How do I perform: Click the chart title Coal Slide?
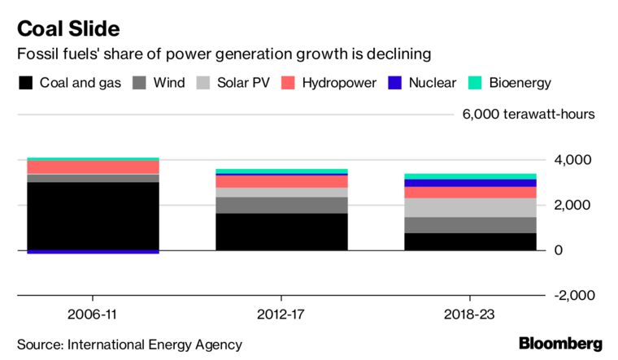click(68, 29)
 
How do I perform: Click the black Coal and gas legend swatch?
click(26, 83)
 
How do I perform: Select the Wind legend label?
click(168, 83)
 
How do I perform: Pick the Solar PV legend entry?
click(245, 83)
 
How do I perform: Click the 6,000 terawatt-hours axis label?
click(529, 114)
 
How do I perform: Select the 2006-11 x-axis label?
click(93, 312)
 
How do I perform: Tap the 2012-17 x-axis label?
click(281, 312)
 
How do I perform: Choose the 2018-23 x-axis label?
click(470, 312)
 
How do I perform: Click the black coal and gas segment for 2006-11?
click(93, 215)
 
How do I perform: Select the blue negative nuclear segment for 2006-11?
click(93, 252)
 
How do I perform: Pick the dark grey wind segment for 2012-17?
click(281, 205)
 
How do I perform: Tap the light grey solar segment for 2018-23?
click(470, 207)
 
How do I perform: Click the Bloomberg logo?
click(560, 344)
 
